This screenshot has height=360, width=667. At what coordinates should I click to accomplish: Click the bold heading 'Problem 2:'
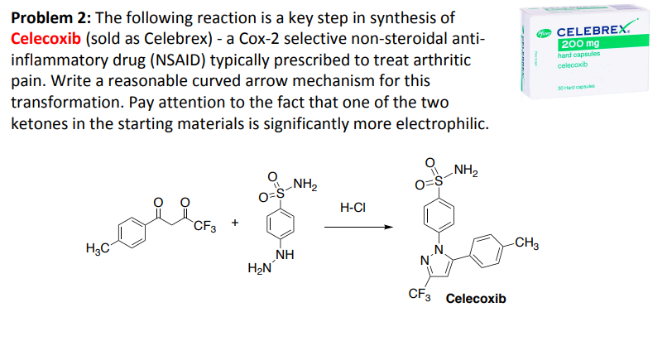pos(48,17)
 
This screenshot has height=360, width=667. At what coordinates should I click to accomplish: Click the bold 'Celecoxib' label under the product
pos(476,298)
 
